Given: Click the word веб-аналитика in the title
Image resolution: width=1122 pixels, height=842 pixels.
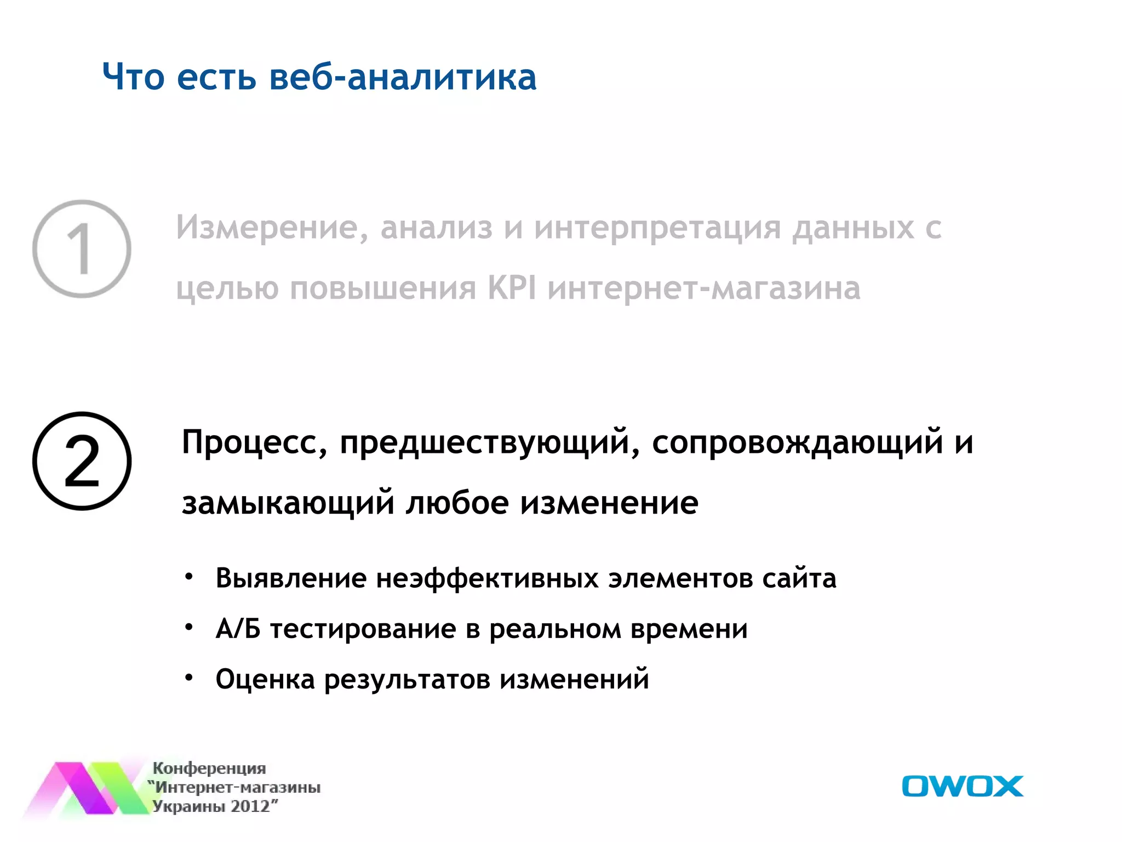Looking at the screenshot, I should [x=403, y=77].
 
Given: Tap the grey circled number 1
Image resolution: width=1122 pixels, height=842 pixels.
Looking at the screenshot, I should [x=82, y=249].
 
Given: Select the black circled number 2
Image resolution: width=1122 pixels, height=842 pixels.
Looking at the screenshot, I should [x=82, y=461].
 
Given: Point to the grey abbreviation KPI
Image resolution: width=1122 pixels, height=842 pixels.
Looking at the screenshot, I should [x=512, y=288].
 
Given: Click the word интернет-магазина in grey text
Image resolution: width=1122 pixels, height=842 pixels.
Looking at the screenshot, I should [x=704, y=289].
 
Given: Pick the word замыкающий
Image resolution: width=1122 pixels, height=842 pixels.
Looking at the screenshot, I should [x=288, y=503].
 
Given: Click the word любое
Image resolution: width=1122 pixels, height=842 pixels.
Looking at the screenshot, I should [x=457, y=503].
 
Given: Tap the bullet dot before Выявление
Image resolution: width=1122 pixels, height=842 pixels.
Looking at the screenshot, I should [x=189, y=577].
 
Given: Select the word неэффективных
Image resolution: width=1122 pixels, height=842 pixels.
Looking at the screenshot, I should [x=488, y=579].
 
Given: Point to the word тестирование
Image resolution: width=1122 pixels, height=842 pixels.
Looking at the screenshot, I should [x=363, y=629].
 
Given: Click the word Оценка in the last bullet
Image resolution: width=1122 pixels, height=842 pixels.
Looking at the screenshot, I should [x=265, y=679].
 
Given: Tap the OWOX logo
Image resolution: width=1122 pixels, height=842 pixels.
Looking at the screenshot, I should [x=962, y=786].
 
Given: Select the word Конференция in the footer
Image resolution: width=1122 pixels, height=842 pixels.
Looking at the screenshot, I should [x=209, y=769].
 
